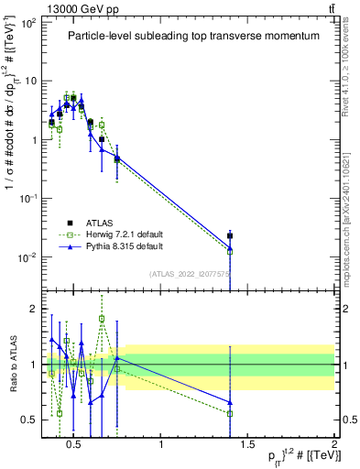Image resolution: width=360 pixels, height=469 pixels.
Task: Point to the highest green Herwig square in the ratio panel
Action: (x=102, y=319)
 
